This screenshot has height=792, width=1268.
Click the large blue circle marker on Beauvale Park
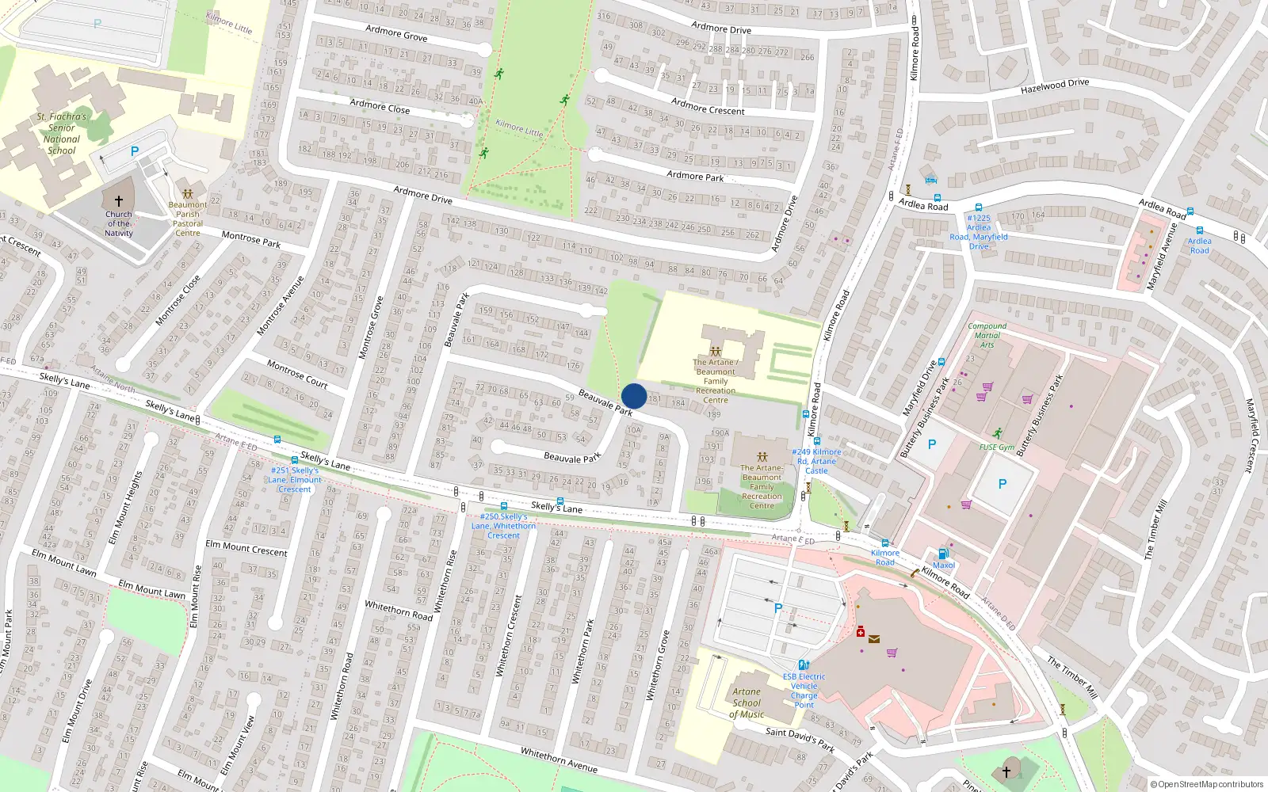[x=634, y=396]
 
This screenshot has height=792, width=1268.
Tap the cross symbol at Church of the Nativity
[x=119, y=201]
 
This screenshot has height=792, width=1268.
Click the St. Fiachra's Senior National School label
[x=62, y=133]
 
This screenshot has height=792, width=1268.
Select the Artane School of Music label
[x=747, y=703]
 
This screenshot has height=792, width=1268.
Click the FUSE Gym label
[x=996, y=447]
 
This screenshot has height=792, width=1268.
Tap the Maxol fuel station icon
[x=943, y=554]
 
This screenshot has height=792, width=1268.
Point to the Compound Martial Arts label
[x=987, y=335]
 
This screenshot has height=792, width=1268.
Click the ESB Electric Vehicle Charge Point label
[x=804, y=691]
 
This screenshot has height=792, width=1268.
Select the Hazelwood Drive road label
[x=1055, y=86]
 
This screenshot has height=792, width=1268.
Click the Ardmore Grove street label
[x=396, y=32]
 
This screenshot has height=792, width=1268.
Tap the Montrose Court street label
[x=297, y=374]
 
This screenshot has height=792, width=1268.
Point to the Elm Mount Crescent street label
[x=246, y=547]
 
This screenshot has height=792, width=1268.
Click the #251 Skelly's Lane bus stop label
[x=295, y=479]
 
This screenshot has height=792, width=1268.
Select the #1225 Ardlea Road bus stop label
[x=979, y=231]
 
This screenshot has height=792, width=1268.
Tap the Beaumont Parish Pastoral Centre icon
[x=188, y=193]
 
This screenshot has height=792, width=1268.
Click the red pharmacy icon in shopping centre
[x=861, y=631]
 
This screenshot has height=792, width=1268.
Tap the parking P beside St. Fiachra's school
[x=135, y=151]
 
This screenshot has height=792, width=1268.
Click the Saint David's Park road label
[x=800, y=739]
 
